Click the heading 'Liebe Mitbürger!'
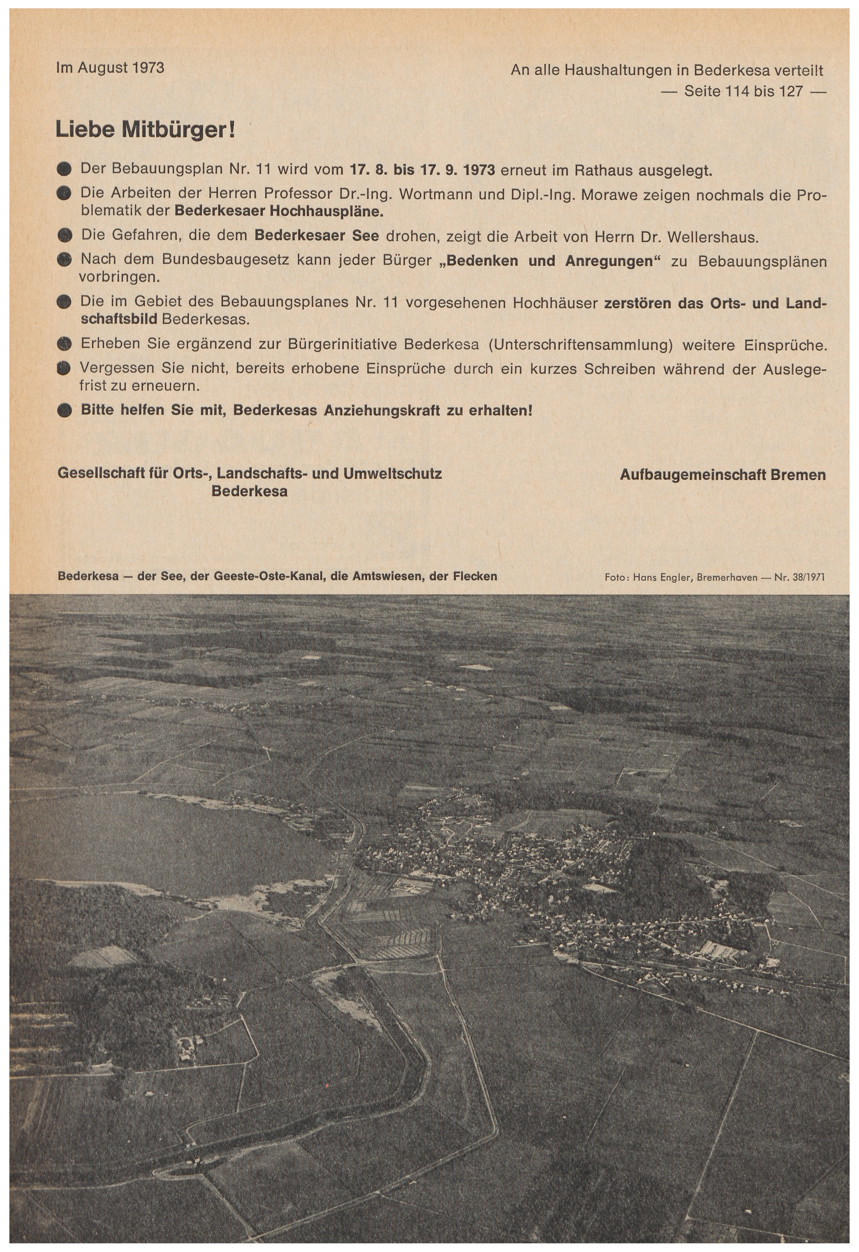click(145, 130)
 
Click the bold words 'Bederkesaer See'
click(317, 235)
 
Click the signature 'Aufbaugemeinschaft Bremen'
click(722, 475)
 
